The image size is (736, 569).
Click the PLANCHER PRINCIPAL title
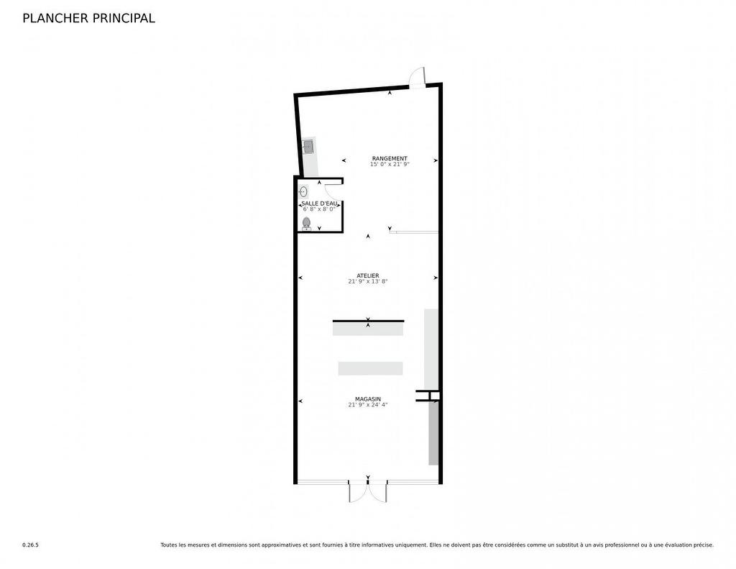click(88, 18)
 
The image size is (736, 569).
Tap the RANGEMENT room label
click(390, 158)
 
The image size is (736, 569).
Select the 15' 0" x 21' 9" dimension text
click(390, 165)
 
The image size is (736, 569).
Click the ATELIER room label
click(368, 276)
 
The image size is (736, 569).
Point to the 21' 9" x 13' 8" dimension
click(368, 281)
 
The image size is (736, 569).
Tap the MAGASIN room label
click(368, 399)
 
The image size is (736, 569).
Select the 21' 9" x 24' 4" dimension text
click(368, 404)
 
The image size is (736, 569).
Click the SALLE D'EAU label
click(319, 204)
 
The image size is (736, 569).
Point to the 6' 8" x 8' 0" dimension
click(319, 209)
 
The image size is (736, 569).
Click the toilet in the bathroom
click(306, 224)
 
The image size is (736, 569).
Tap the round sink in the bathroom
click(304, 191)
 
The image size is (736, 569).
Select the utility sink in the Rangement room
click(308, 147)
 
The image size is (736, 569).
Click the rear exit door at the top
click(417, 78)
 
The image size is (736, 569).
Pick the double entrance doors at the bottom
click(368, 491)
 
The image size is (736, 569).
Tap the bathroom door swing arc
click(331, 191)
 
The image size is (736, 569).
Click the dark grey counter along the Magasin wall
click(433, 433)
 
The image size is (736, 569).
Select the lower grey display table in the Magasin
click(370, 368)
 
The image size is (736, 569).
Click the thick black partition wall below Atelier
click(369, 321)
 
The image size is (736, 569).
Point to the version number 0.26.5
click(30, 545)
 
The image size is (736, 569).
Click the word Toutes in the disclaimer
click(169, 545)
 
